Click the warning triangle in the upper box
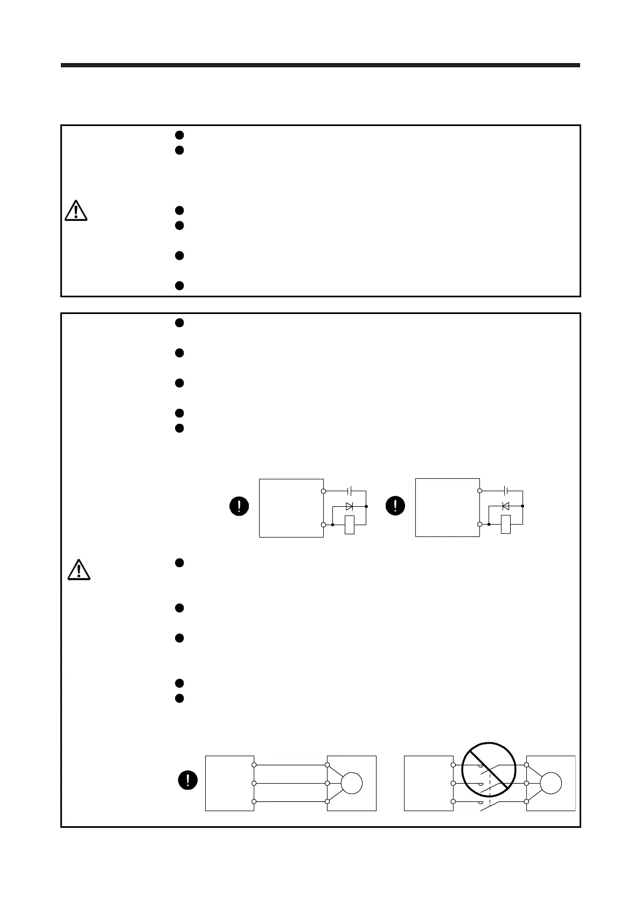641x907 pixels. pos(76,210)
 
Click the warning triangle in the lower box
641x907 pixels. pos(79,569)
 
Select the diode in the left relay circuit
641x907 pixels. pos(349,506)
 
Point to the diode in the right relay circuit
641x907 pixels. pos(505,506)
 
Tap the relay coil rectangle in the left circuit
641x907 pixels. pos(350,525)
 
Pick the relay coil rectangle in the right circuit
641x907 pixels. pos(505,525)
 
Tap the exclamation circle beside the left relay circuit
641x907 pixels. pos(239,506)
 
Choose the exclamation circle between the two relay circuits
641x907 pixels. pos(396,506)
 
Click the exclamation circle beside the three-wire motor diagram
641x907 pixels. pos(188,780)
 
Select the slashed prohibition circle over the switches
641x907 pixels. pos(490,769)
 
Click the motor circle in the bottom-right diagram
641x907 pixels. pos(551,783)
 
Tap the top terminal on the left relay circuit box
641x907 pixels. pos(323,491)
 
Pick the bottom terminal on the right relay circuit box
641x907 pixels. pos(479,524)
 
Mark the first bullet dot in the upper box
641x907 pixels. pos(180,135)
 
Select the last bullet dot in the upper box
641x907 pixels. pos(180,285)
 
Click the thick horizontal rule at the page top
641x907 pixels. pos(320,65)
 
